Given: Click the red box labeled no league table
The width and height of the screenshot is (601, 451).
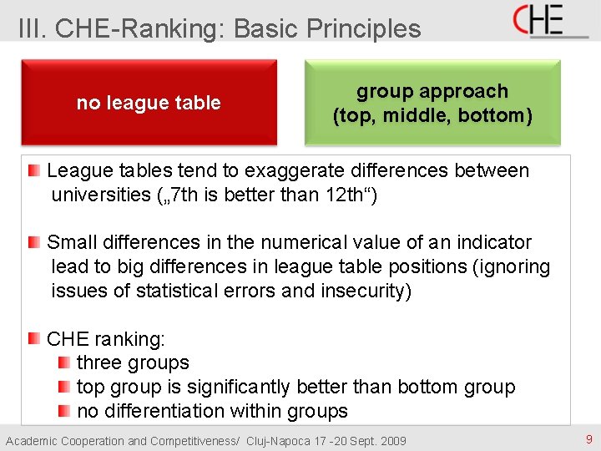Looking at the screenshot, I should click(149, 103).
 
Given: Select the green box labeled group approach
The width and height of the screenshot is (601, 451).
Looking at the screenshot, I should click(432, 103).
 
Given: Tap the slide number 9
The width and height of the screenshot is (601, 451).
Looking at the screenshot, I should click(588, 439).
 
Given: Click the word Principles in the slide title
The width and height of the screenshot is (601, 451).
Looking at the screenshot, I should click(364, 28).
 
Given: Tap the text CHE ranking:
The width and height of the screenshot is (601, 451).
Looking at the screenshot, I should click(106, 339).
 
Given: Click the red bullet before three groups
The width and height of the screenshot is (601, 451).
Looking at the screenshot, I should click(64, 362).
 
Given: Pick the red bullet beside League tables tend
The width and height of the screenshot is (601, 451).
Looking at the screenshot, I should click(33, 170).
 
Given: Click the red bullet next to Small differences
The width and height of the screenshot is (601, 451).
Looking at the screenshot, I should click(33, 242).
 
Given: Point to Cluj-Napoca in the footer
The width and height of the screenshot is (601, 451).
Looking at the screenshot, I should click(281, 441).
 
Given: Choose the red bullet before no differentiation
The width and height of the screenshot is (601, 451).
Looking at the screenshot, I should click(64, 411).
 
